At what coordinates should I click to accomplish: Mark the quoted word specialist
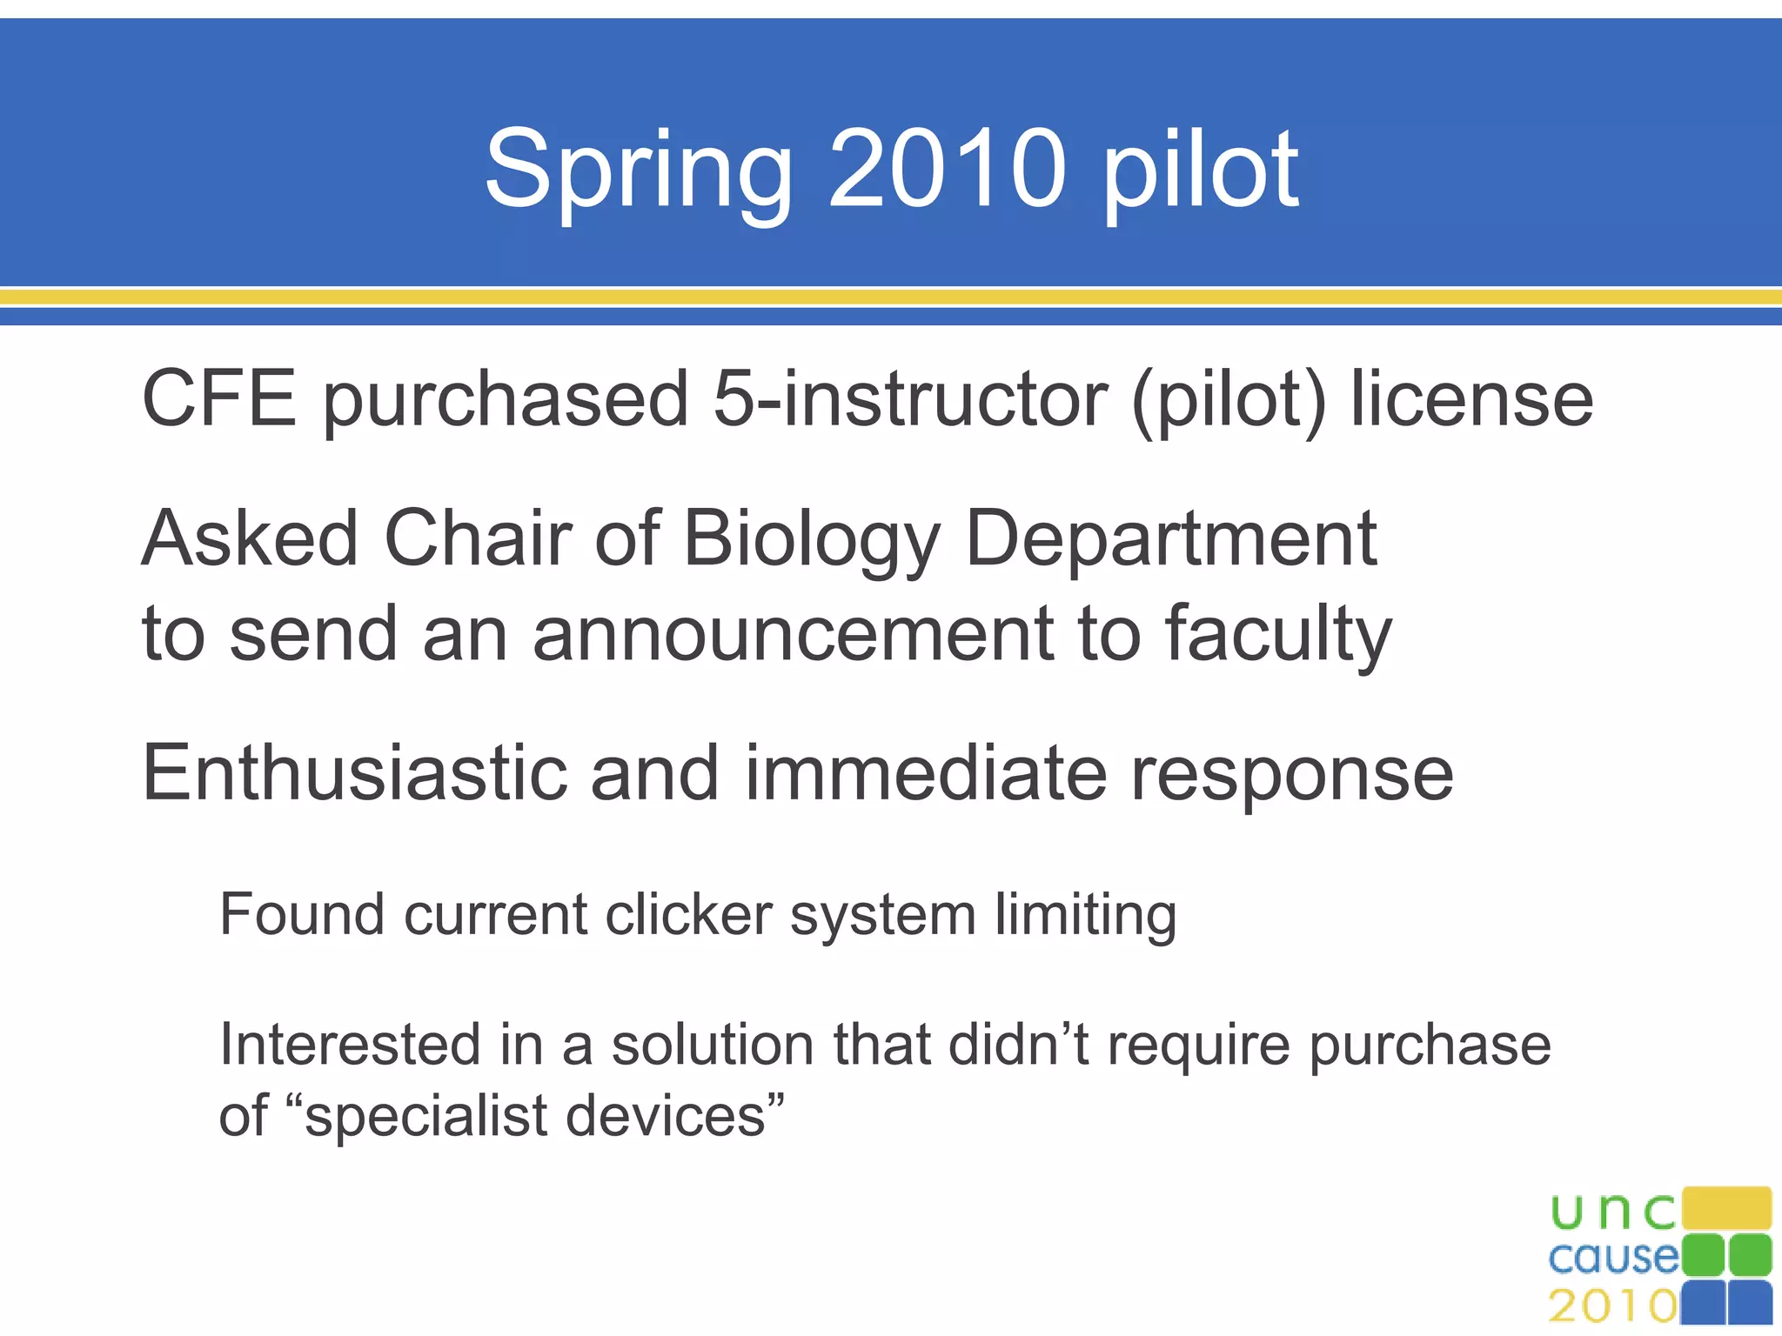click(x=427, y=1116)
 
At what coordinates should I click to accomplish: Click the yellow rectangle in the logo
click(x=1726, y=1208)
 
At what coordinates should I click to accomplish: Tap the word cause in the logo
click(x=1613, y=1258)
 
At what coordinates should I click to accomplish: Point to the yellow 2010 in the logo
click(x=1612, y=1306)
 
